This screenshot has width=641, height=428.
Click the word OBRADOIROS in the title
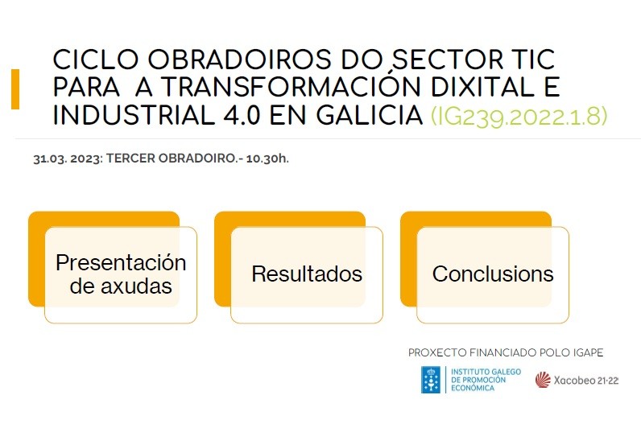coord(239,59)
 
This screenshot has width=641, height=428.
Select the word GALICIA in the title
coord(370,115)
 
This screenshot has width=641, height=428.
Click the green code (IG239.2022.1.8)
coord(519,116)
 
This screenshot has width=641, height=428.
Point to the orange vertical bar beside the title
coord(15,89)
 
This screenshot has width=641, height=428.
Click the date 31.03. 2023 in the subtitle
coord(68,158)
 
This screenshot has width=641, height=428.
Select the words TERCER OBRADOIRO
coord(172,158)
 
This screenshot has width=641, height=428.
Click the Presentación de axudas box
coord(121,275)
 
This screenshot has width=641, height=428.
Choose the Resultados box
coord(307,275)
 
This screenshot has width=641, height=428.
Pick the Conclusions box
coord(493,275)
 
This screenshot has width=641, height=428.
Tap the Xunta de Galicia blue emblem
coord(431,380)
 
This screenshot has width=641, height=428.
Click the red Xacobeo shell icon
coord(543,380)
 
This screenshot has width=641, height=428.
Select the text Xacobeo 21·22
coord(585,381)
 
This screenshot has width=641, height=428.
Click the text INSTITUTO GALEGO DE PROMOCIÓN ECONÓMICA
coord(486,380)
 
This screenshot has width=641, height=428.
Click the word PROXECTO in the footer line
coord(437,352)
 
